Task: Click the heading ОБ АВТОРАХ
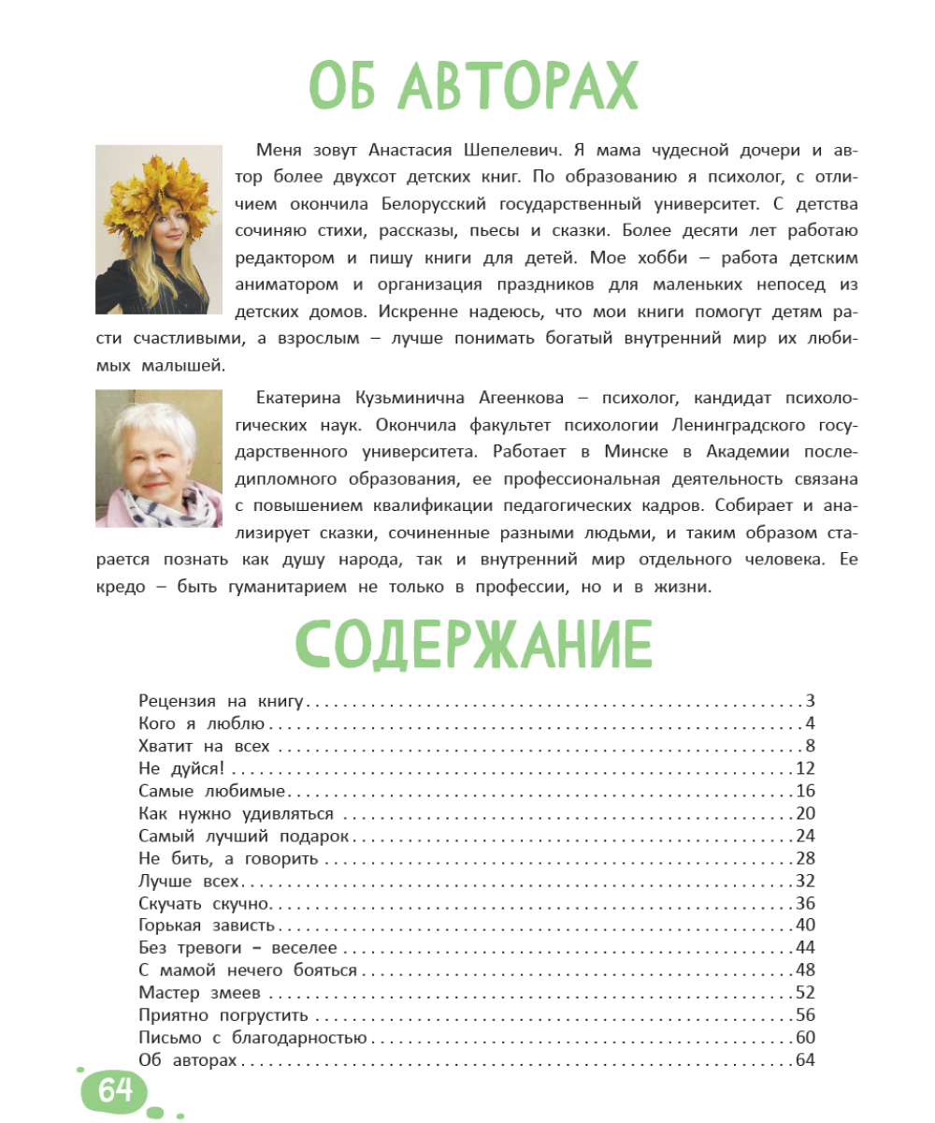click(x=473, y=87)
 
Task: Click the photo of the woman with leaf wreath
click(x=159, y=229)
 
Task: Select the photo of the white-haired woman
click(x=159, y=459)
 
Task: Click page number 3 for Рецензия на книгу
click(x=811, y=701)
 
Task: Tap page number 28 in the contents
click(x=806, y=858)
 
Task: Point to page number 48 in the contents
click(x=806, y=970)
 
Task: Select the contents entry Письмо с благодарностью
click(x=252, y=1038)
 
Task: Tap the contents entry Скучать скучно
click(x=204, y=903)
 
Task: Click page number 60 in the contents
click(x=806, y=1038)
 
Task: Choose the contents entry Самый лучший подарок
click(x=242, y=836)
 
